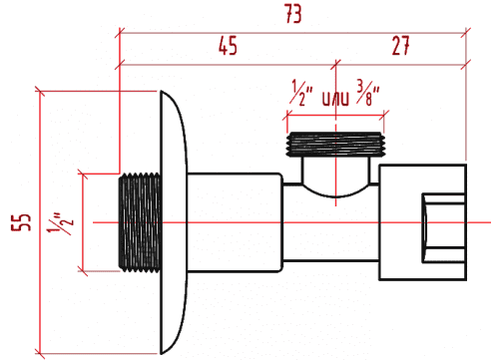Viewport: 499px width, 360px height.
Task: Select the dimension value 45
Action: tap(229, 47)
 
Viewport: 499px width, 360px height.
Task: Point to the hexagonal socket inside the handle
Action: tap(438, 221)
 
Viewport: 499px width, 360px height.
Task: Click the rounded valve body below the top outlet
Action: tap(335, 180)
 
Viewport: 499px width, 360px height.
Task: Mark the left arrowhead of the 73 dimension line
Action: tap(122, 32)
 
